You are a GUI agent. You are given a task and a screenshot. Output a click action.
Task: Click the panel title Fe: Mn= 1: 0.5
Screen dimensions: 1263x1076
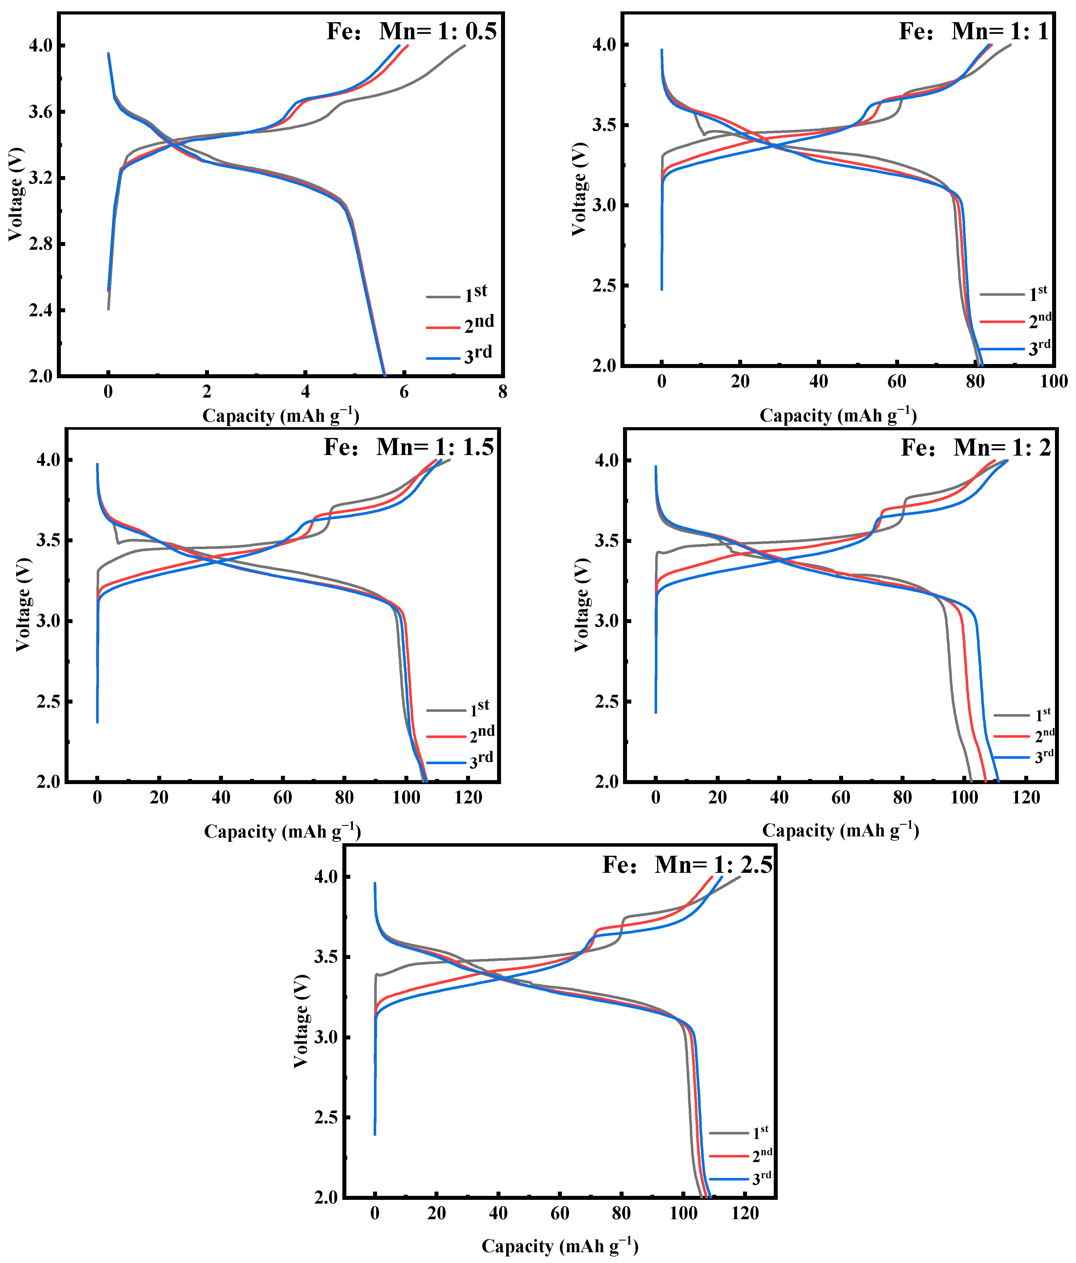(x=411, y=31)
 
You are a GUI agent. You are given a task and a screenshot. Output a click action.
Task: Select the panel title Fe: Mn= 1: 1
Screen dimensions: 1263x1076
(x=974, y=31)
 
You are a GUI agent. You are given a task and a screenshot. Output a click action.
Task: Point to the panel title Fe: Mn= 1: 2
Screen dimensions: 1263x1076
(x=976, y=447)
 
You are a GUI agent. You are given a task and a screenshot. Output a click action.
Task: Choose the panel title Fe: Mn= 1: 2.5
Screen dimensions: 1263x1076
(x=687, y=864)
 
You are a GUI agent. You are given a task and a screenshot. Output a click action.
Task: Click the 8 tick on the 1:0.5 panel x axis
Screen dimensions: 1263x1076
(x=502, y=392)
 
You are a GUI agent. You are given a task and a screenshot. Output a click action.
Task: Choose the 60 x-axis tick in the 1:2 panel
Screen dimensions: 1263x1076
(x=841, y=797)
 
